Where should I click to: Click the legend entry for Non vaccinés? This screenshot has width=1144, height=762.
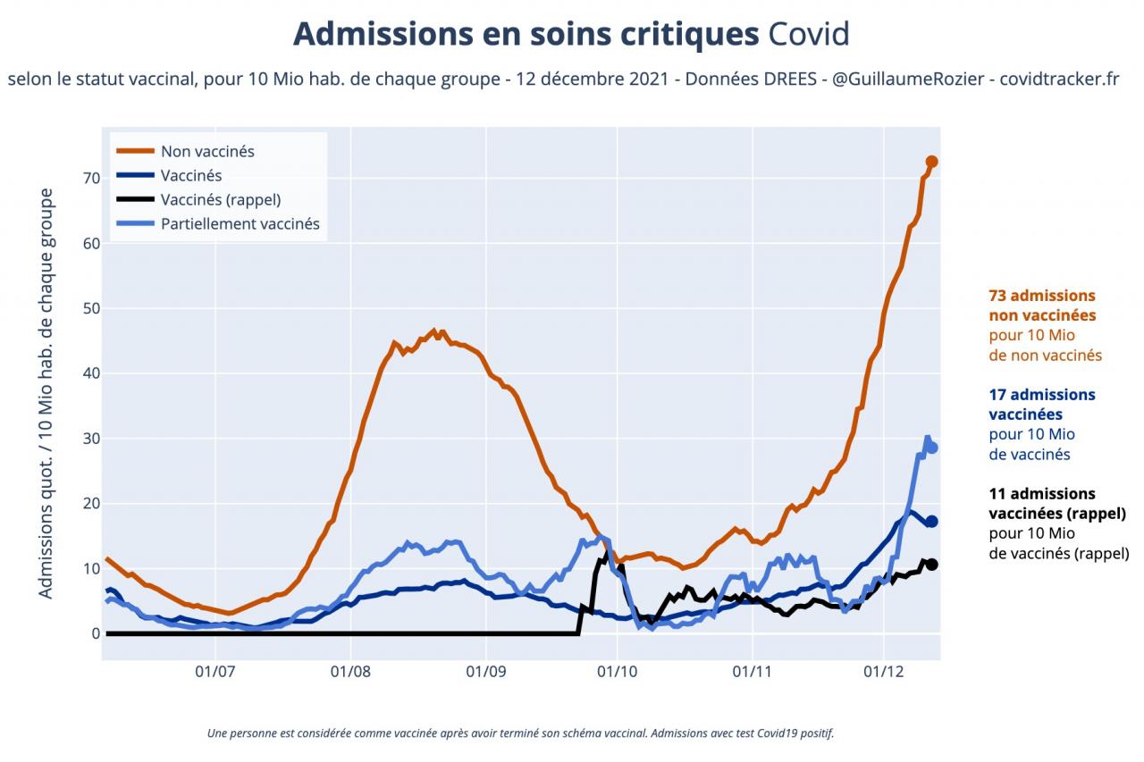coord(207,151)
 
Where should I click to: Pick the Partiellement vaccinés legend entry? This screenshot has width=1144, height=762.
coord(240,224)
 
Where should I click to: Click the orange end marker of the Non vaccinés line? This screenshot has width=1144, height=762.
coord(931,162)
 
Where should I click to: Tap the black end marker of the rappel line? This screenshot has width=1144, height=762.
coord(931,564)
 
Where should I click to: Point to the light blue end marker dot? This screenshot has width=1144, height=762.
coord(932,448)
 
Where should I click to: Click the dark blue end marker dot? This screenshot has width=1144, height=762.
coord(931,522)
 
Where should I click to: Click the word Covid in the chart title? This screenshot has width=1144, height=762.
coord(808,35)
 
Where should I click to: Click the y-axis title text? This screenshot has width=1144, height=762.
coord(46,393)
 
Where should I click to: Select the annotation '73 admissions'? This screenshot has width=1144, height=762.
coord(1042,296)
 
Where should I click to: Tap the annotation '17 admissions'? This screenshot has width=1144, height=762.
coord(1042,394)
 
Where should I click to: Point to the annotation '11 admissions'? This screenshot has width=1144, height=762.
coord(1042,493)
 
